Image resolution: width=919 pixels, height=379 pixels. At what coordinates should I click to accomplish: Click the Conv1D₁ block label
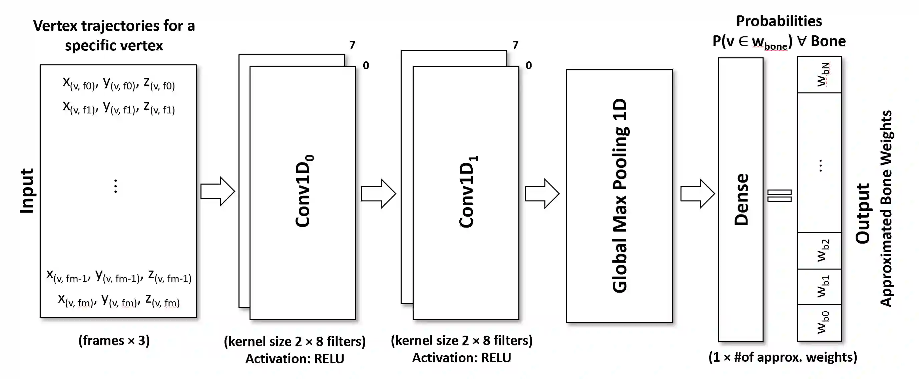467,192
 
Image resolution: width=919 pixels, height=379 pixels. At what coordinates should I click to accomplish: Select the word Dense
741,199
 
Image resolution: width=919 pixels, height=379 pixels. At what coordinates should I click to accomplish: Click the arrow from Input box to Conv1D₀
217,191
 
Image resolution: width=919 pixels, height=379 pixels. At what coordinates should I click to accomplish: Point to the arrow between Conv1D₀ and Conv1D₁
379,194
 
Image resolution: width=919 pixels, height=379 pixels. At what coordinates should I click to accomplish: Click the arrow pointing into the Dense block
698,194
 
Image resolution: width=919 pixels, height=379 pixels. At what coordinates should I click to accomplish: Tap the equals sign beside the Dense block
780,196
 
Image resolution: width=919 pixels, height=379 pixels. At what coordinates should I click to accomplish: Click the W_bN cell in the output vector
820,75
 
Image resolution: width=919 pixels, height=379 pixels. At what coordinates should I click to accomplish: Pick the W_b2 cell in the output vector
820,251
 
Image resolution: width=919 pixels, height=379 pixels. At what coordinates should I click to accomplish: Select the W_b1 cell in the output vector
820,287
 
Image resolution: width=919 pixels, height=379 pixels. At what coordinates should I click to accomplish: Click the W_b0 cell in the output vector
820,323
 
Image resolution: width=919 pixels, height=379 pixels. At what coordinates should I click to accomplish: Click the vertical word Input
27,191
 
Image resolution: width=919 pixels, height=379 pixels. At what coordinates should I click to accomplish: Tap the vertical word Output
863,214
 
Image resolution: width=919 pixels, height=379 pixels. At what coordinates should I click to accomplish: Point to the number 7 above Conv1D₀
352,45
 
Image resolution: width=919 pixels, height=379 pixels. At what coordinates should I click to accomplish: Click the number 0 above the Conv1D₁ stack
529,65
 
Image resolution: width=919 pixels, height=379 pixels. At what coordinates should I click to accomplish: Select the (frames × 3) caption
114,340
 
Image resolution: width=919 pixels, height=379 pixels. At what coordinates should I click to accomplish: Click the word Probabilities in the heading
779,21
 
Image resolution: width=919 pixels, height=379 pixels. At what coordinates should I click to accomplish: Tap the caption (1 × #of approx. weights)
783,357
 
